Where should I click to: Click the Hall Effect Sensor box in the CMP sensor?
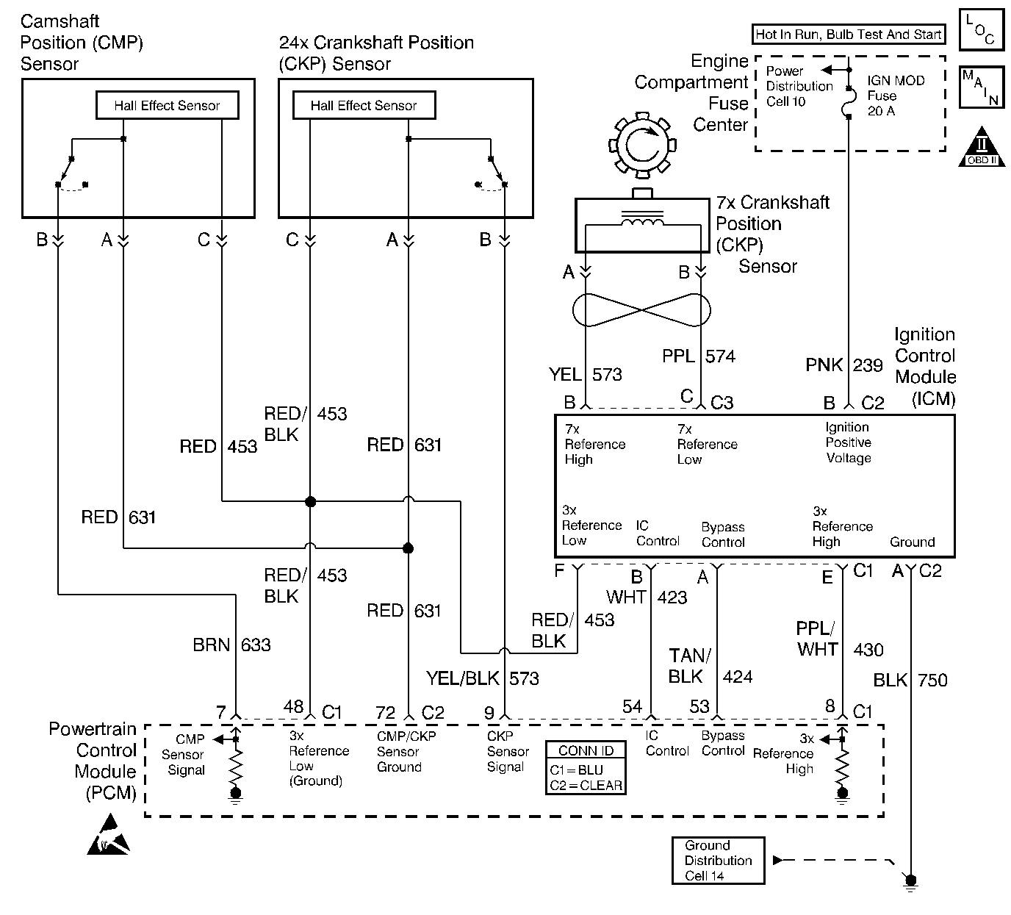pos(168,106)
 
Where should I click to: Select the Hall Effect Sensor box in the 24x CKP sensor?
pos(364,106)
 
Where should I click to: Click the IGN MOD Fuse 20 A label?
pos(895,96)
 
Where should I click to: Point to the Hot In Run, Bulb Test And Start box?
pos(849,34)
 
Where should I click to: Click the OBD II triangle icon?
pos(982,149)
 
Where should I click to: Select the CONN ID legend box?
pos(586,767)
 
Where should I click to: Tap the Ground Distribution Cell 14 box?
pos(718,861)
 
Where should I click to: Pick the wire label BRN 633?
pos(231,645)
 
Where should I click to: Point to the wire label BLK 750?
pos(910,681)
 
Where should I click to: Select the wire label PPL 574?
pos(698,356)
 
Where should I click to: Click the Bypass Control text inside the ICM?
pos(723,535)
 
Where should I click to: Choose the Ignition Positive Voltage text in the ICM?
pos(848,442)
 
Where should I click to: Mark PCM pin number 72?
pos(386,713)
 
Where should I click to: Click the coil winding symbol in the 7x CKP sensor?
pos(643,220)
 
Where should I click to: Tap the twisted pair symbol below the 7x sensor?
pos(641,309)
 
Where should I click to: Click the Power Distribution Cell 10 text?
pos(799,86)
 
